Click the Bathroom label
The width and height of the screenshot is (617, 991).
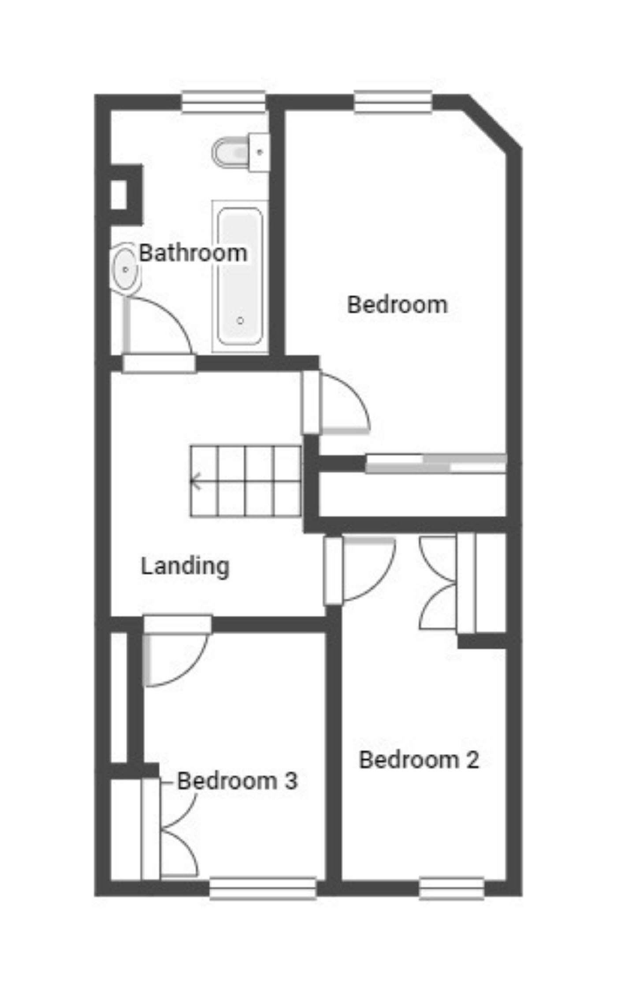tap(193, 253)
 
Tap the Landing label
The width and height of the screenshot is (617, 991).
tap(185, 566)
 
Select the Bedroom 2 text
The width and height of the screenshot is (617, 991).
tap(419, 760)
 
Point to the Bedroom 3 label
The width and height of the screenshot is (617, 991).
tap(237, 781)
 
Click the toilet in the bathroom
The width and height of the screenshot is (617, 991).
tap(240, 152)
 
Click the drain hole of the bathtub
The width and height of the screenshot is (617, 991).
tap(240, 321)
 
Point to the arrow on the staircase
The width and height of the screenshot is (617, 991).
tap(195, 481)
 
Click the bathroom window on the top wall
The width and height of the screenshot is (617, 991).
tap(223, 102)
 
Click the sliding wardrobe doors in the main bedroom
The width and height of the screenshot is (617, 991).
tap(435, 464)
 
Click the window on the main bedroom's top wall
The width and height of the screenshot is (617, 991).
tap(393, 102)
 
